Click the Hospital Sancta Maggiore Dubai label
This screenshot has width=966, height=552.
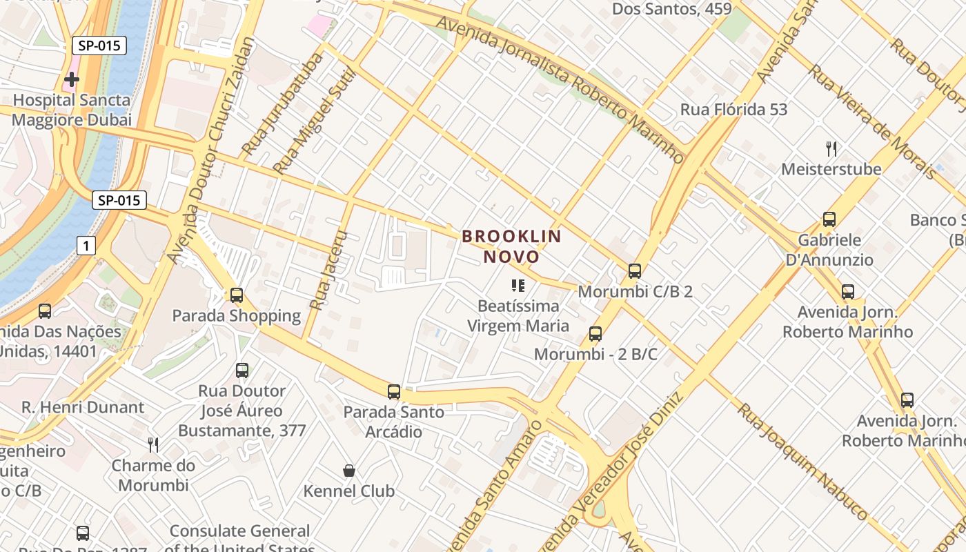click(x=72, y=110)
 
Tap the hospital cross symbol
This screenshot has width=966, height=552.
click(x=71, y=80)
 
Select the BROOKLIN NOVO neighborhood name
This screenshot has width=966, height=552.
click(x=511, y=246)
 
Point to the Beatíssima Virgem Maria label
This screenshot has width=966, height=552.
click(x=518, y=315)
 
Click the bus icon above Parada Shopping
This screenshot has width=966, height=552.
click(x=237, y=295)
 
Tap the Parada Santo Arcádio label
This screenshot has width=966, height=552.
click(x=394, y=422)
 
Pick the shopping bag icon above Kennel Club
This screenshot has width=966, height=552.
click(x=349, y=471)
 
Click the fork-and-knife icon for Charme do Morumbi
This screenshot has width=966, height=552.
click(x=153, y=445)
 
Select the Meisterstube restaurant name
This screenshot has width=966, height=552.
click(x=831, y=169)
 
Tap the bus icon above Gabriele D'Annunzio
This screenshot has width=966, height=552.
click(x=829, y=219)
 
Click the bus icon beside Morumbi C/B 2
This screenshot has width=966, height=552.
click(x=635, y=271)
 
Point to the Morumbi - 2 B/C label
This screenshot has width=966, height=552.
click(x=595, y=355)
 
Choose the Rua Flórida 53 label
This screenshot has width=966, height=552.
click(x=733, y=109)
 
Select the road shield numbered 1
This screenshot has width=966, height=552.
click(x=86, y=245)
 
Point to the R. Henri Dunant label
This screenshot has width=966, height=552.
click(x=83, y=407)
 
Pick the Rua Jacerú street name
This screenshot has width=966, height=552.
click(x=328, y=269)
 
